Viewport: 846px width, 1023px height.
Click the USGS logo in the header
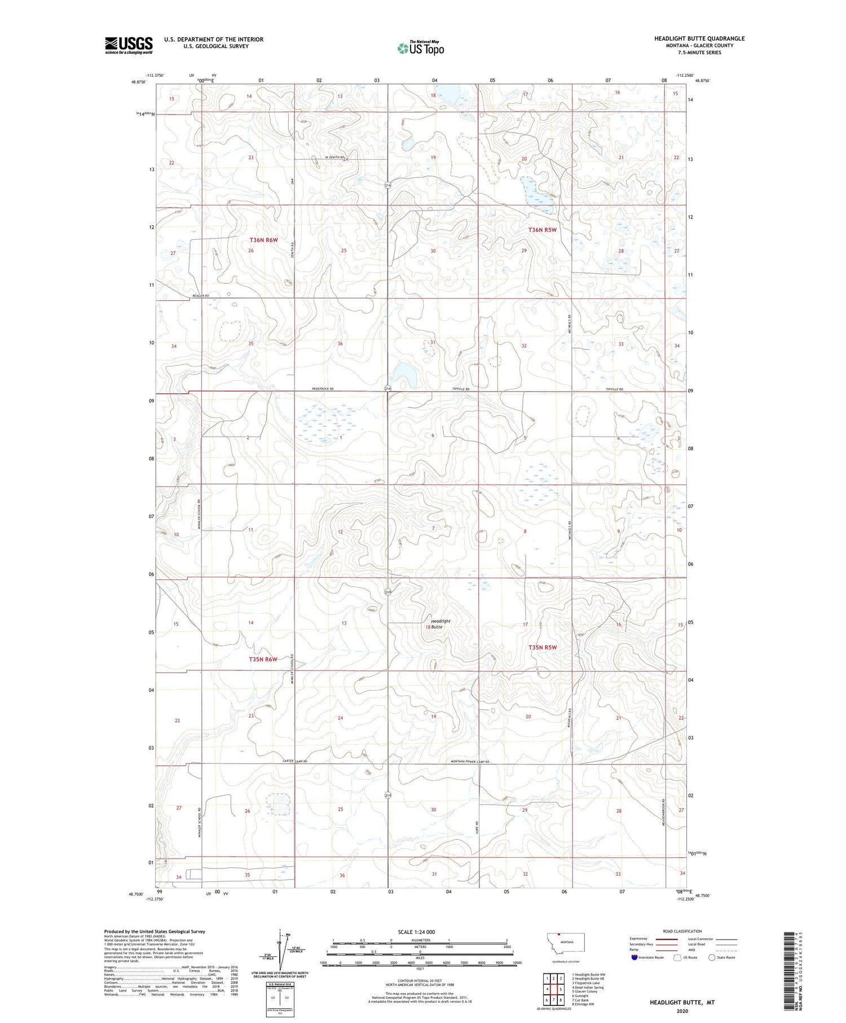point(129,45)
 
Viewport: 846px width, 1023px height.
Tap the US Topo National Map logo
point(420,48)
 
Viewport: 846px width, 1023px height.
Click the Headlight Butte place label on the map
point(440,624)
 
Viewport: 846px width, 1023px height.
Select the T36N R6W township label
point(263,240)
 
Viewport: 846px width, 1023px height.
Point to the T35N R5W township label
point(543,647)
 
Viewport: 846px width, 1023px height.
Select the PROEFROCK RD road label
point(323,389)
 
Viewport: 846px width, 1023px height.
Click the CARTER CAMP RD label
point(294,762)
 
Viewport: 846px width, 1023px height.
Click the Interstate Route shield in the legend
point(634,958)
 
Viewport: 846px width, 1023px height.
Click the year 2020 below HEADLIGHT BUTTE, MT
point(682,1013)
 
